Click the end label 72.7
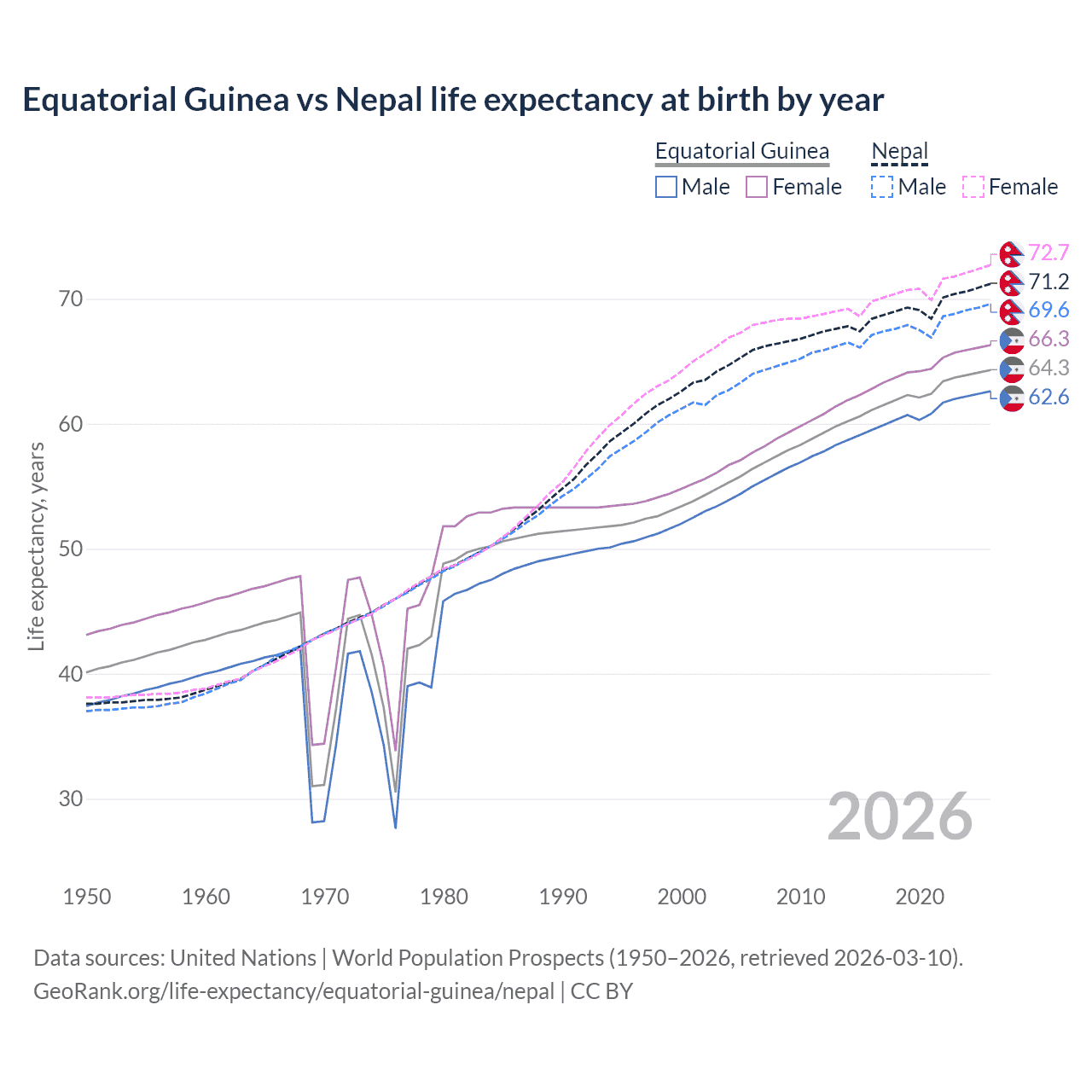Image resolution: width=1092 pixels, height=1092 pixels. coord(1048,253)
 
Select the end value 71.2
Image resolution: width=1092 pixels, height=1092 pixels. coord(1048,282)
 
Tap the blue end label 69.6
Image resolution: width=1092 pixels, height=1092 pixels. coord(1048,310)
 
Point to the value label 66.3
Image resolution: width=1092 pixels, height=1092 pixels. coord(1048,339)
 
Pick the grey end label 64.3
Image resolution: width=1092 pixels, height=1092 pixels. coord(1048,368)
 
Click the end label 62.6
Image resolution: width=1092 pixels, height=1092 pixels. coord(1048,397)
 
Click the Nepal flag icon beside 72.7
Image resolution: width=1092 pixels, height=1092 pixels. coord(1012,253)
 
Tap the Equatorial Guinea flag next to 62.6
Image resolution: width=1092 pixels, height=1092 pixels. coord(1012,398)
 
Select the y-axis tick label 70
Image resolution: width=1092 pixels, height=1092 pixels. coord(71,299)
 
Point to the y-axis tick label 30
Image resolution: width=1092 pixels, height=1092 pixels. coord(71,799)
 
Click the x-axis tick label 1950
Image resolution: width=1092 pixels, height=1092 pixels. coord(87,897)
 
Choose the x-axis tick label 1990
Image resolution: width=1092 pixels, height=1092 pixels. coord(563,897)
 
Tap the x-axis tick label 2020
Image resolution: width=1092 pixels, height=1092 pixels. coord(920,897)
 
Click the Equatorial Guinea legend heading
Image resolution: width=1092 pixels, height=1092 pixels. coord(741,151)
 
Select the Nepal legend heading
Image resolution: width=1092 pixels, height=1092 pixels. coord(899,151)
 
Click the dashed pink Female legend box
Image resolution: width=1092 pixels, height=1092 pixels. coord(973,187)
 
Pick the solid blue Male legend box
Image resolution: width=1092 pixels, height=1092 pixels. coord(666,187)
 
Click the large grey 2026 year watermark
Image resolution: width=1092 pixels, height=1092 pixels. coord(900,816)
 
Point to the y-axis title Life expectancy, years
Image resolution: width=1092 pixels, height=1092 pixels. coord(37,546)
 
